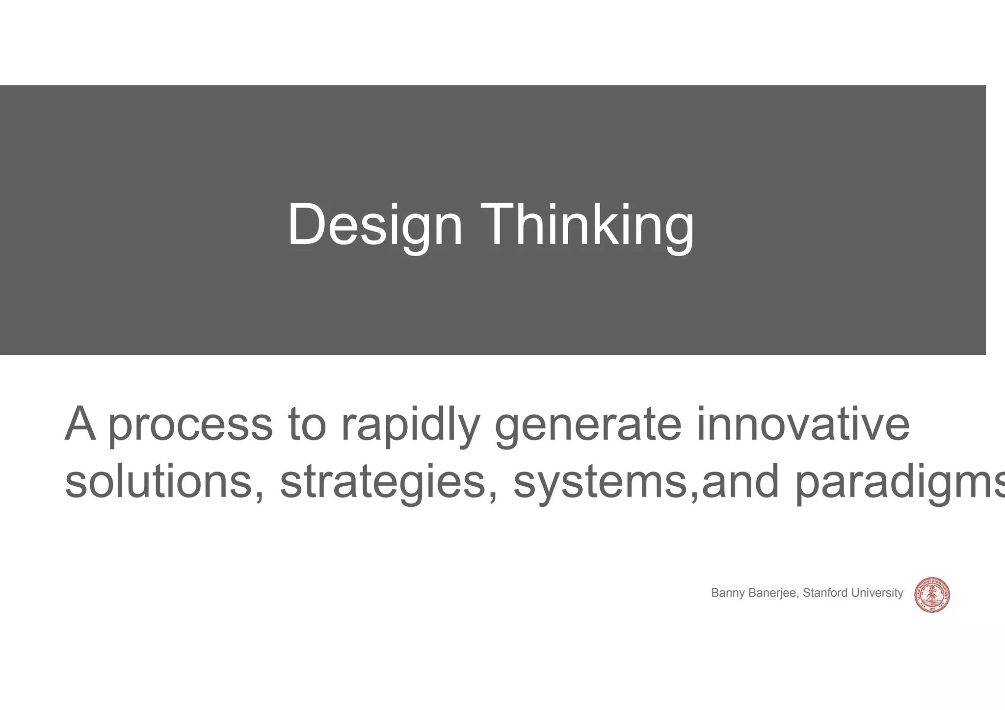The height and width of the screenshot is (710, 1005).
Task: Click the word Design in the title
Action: coord(375,225)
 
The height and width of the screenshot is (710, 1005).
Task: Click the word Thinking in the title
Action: coord(587,225)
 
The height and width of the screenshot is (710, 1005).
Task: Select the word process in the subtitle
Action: coord(190,425)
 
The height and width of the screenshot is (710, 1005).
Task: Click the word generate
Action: coord(588,425)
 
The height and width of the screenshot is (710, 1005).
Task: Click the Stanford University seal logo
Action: coord(932,595)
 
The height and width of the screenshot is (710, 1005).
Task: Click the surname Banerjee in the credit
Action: coord(775,593)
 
